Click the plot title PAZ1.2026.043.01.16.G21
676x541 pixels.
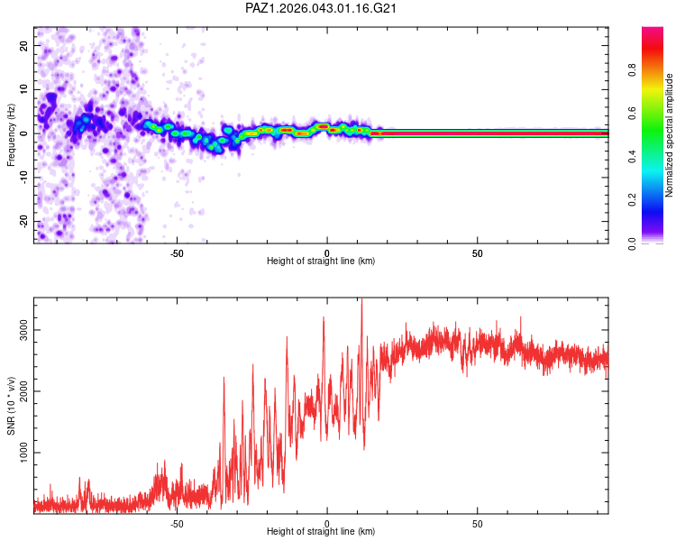(x=322, y=8)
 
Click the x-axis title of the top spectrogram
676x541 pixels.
(x=321, y=261)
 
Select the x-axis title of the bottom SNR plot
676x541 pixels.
(x=321, y=531)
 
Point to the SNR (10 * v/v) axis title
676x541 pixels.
(x=11, y=407)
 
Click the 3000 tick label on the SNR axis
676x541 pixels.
(x=23, y=330)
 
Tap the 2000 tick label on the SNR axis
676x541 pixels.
(x=23, y=391)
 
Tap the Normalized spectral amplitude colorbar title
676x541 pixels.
(x=669, y=135)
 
